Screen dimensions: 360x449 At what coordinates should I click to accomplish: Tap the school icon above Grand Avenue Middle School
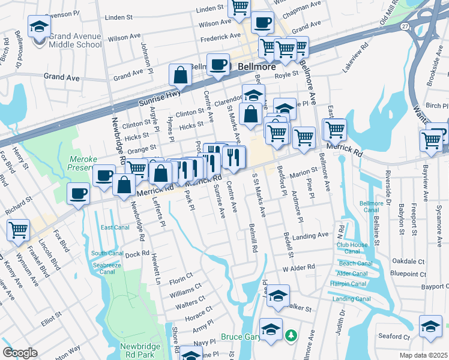point(39,26)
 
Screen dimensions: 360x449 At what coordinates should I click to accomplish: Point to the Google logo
point(20,352)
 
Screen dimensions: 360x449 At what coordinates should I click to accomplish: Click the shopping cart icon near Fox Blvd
point(19,229)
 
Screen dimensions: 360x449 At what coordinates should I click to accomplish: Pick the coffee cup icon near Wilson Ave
point(261,23)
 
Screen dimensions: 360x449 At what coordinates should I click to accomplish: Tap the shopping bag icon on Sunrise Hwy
point(181,75)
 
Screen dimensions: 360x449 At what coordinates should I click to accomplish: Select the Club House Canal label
point(352,248)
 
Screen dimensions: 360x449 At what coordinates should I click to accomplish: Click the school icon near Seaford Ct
point(430,326)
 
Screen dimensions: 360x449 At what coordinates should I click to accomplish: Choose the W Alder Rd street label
point(298,267)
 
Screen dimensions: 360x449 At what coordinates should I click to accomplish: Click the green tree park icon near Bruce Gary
point(291,334)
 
